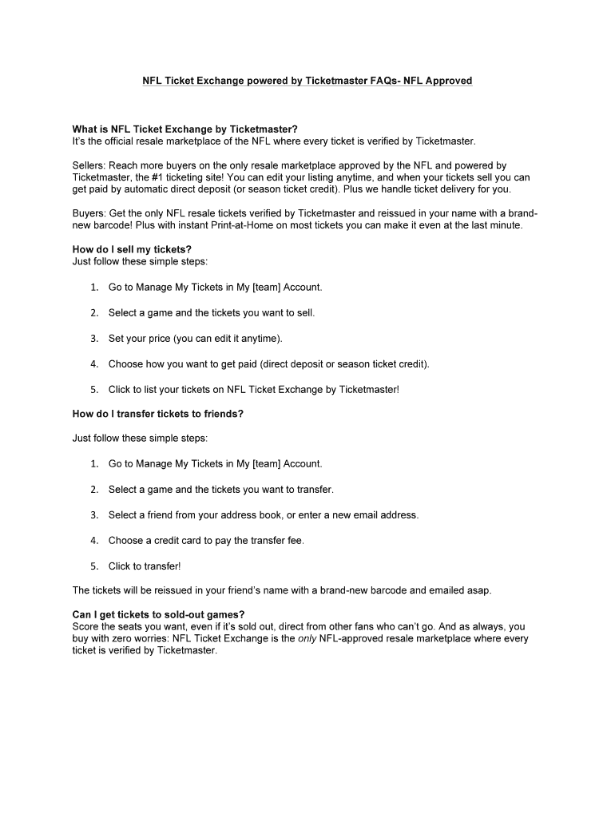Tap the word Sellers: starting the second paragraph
[x=89, y=165]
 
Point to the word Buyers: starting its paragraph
[x=89, y=213]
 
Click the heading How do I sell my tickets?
[x=132, y=249]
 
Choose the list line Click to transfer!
[x=145, y=566]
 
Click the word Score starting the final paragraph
[x=85, y=626]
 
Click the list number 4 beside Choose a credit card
[x=93, y=540]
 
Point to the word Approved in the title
[x=448, y=81]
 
